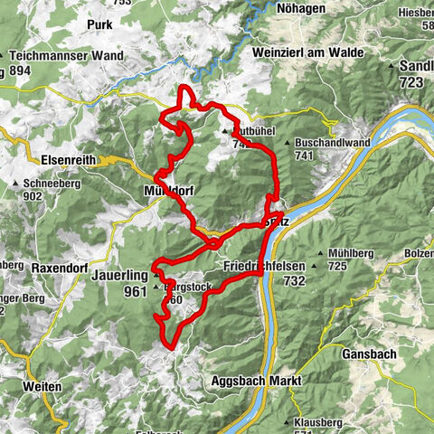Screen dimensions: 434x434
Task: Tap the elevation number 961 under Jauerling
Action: pos(136,291)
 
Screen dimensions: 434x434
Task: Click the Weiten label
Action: pos(43,386)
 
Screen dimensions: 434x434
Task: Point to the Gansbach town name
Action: pos(369,354)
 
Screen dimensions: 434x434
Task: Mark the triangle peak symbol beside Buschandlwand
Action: pos(288,143)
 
